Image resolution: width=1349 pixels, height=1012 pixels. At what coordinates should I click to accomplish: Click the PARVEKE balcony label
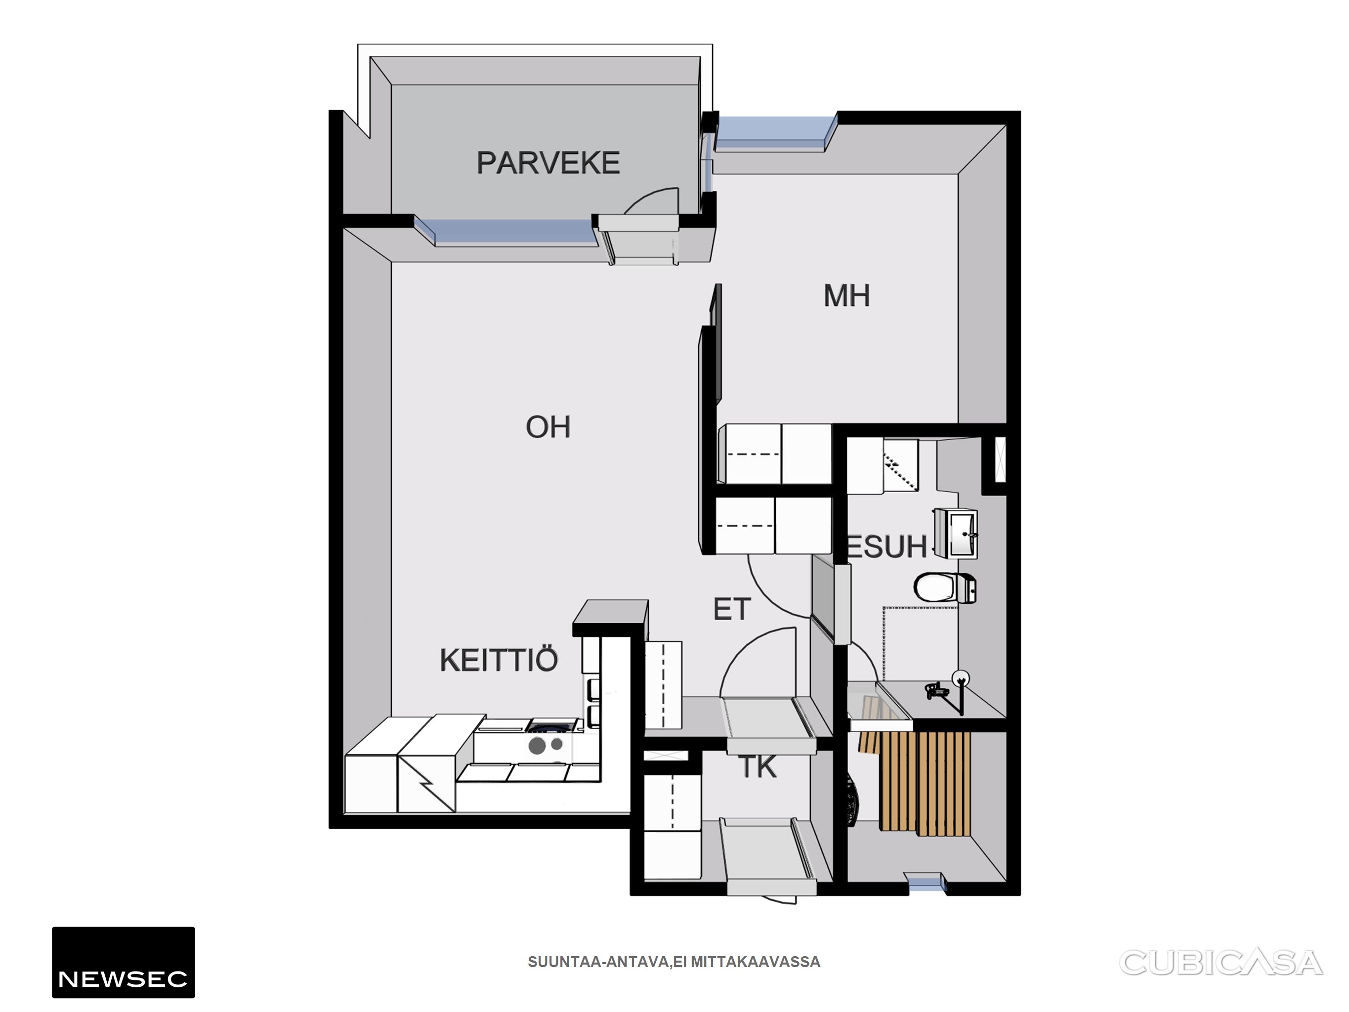[x=548, y=163]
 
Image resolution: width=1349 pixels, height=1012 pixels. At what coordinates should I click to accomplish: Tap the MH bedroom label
[x=846, y=296]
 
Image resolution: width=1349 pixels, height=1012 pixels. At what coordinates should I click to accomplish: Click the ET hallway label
[x=732, y=609]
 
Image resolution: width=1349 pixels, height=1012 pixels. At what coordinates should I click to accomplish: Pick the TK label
[x=758, y=767]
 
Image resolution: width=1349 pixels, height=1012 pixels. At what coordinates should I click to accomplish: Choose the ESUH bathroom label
[x=887, y=547]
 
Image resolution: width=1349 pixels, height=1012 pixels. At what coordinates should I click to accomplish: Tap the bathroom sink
[x=956, y=534]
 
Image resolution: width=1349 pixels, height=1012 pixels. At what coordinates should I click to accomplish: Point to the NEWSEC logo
[x=123, y=962]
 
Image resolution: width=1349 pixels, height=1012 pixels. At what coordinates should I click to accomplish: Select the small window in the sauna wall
[x=926, y=883]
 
